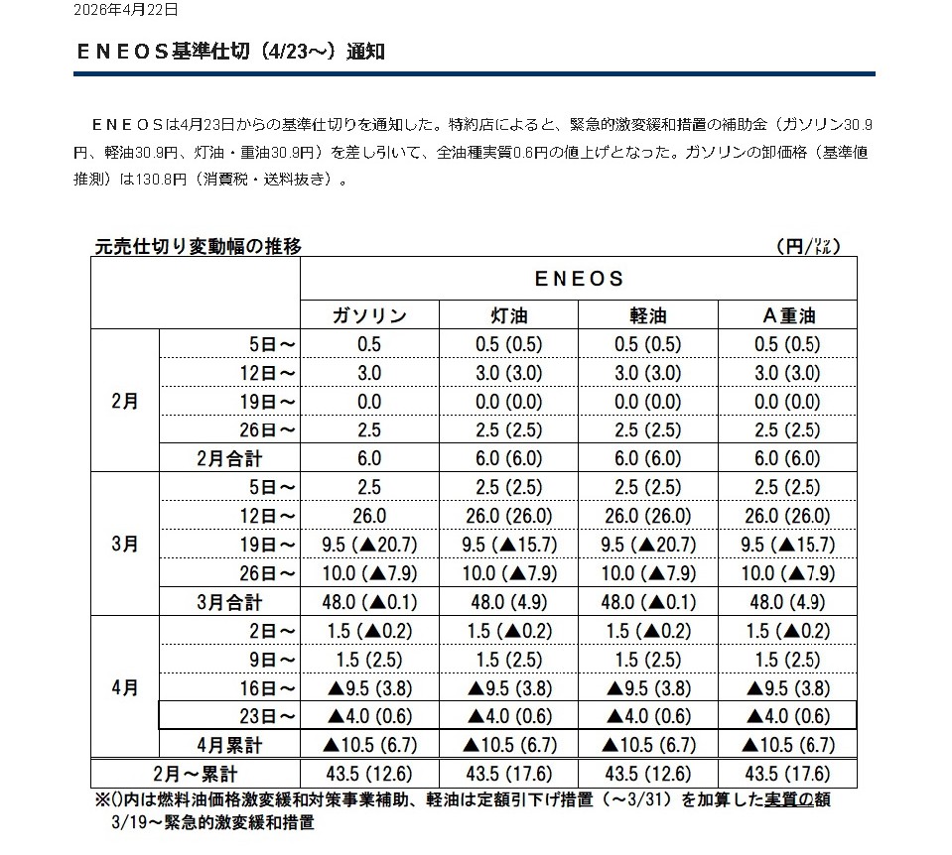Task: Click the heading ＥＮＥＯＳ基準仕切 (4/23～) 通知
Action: (x=230, y=52)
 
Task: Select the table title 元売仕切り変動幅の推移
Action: (x=197, y=246)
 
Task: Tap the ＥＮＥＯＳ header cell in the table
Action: (x=579, y=279)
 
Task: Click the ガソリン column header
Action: (x=369, y=315)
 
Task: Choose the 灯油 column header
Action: (x=508, y=315)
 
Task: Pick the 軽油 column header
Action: (x=648, y=315)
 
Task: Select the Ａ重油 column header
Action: (x=787, y=315)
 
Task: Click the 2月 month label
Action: (x=125, y=402)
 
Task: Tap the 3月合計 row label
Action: (x=229, y=602)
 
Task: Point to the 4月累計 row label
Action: (x=229, y=745)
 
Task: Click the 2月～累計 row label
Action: (x=196, y=774)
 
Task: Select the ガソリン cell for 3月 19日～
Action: (x=369, y=545)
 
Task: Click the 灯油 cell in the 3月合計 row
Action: (x=508, y=602)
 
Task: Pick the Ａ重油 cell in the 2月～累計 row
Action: (x=787, y=774)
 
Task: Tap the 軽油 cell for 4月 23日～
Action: (x=648, y=716)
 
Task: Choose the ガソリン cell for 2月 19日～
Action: (x=369, y=402)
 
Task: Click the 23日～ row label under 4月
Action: (x=271, y=716)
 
